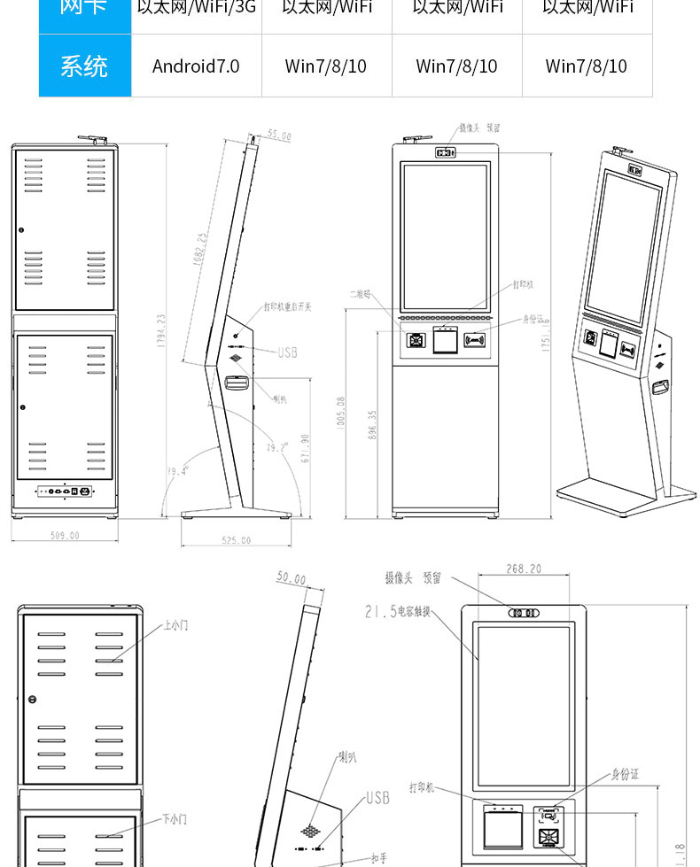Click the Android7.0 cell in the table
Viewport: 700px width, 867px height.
click(x=196, y=66)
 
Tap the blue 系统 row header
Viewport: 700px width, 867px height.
click(x=84, y=66)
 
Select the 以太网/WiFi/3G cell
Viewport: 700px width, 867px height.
click(x=196, y=7)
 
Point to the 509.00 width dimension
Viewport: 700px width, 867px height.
click(x=64, y=536)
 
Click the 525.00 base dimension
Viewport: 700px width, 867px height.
click(x=236, y=540)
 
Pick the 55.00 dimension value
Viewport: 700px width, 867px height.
click(x=279, y=136)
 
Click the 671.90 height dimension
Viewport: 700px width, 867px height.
click(x=306, y=448)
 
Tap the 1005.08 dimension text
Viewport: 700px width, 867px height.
click(x=341, y=413)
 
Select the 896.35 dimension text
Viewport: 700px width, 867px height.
click(x=373, y=424)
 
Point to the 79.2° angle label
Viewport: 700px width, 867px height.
click(x=277, y=448)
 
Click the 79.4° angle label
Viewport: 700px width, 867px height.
click(x=178, y=471)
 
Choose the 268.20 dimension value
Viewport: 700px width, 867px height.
click(x=524, y=569)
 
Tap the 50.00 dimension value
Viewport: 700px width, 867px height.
click(x=291, y=579)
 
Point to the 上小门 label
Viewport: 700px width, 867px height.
click(x=175, y=625)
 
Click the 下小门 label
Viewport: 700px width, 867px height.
click(x=175, y=820)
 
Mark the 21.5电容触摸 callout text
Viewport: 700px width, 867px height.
click(x=398, y=611)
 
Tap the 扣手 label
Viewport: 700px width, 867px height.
click(x=378, y=858)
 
